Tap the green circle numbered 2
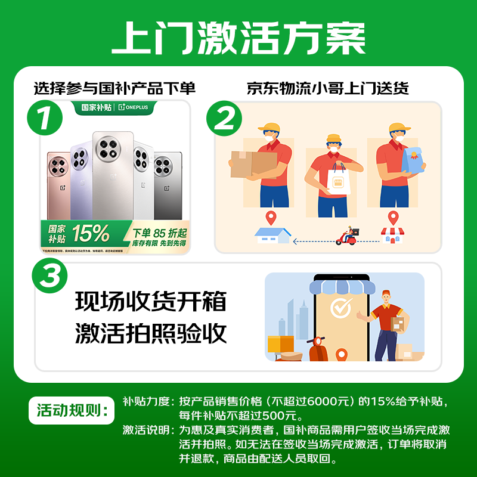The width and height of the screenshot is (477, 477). point(225,120)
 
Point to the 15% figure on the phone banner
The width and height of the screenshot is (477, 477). point(91,233)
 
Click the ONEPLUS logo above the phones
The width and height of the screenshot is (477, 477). point(137,107)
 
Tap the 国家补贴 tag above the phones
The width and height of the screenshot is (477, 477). point(96,107)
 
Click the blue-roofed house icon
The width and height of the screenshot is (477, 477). point(272,235)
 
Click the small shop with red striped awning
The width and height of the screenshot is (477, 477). point(392,235)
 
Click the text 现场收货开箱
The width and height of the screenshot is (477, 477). point(151,301)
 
